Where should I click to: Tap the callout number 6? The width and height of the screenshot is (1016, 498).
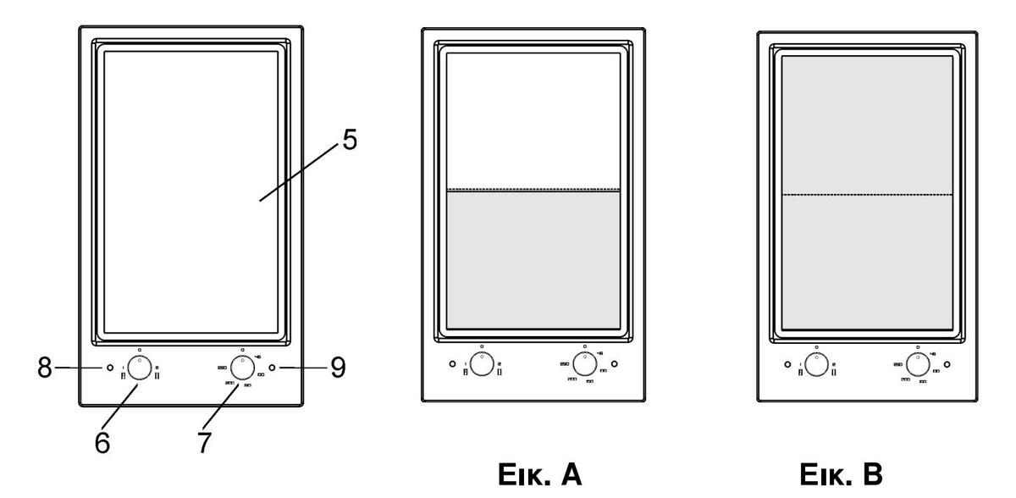[102, 442]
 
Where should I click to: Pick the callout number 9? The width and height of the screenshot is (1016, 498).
[338, 368]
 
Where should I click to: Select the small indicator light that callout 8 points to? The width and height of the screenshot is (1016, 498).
[109, 368]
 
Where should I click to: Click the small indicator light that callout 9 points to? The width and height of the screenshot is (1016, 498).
[272, 368]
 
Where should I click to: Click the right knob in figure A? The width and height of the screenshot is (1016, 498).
[584, 365]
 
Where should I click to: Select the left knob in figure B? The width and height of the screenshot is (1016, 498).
[816, 365]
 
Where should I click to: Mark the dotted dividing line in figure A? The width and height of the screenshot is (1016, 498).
[533, 189]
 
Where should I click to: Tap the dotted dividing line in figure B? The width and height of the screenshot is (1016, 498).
[867, 196]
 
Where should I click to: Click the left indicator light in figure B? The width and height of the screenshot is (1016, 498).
[787, 364]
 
